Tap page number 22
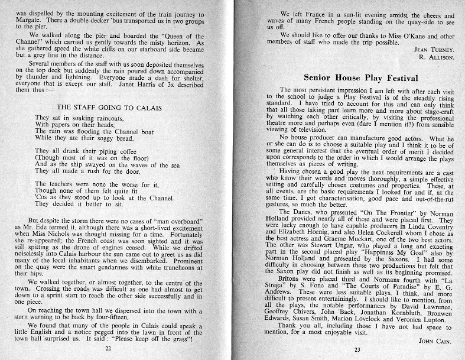108,349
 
